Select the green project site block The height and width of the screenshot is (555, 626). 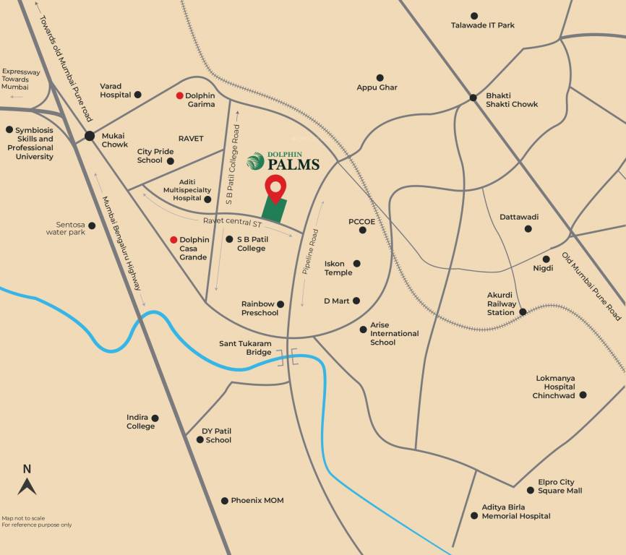[274, 210]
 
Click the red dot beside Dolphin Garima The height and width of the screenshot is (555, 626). [180, 95]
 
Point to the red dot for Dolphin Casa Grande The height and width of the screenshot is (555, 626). [173, 240]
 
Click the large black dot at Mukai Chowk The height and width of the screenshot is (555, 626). [90, 135]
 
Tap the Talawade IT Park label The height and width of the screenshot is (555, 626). [483, 25]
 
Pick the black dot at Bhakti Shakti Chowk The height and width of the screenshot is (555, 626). [473, 98]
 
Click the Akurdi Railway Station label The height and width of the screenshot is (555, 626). [502, 304]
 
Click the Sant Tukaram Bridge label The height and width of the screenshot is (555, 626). [245, 348]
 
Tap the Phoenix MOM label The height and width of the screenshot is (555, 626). [257, 500]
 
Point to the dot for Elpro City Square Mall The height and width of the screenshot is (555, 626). [531, 490]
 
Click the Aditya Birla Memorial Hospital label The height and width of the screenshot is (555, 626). [516, 512]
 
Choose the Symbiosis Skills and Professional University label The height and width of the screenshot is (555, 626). [35, 143]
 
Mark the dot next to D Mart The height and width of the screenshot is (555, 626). [356, 301]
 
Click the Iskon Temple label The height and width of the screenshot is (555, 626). [338, 268]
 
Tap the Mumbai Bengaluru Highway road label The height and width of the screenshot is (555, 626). [122, 244]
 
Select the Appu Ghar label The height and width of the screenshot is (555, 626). [377, 87]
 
